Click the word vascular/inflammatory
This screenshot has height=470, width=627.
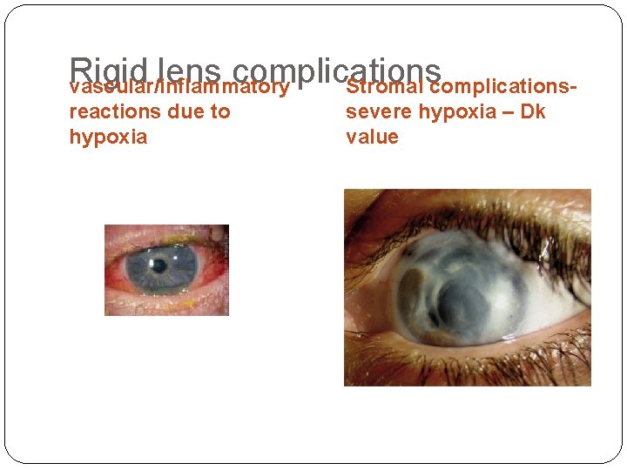click(x=179, y=87)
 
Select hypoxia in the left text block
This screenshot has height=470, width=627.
click(x=108, y=137)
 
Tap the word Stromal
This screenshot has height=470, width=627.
click(x=384, y=87)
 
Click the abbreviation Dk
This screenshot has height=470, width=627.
click(x=533, y=111)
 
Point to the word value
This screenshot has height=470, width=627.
click(x=372, y=137)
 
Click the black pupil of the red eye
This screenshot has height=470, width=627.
click(x=159, y=265)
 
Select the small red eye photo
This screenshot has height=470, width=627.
click(x=166, y=270)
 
